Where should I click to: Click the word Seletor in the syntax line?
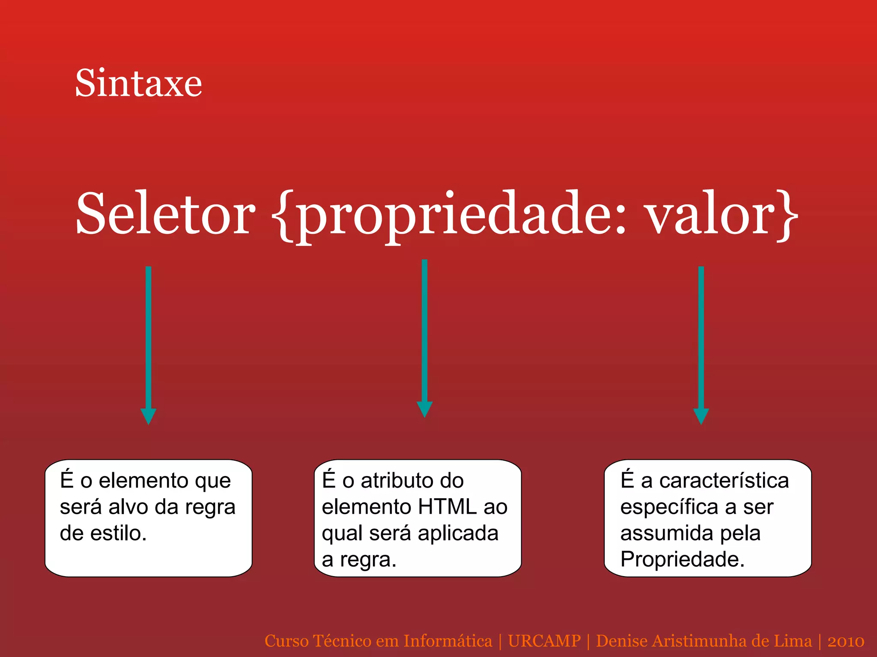pos(165,214)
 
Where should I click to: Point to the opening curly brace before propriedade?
pos(283,216)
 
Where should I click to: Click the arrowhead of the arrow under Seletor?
pos(148,416)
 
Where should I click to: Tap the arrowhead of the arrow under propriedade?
pos(424,409)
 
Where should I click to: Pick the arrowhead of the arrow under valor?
pos(701,416)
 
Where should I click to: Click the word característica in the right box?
pos(724,481)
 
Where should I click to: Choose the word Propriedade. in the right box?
pos(682,559)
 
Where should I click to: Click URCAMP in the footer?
pos(544,641)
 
